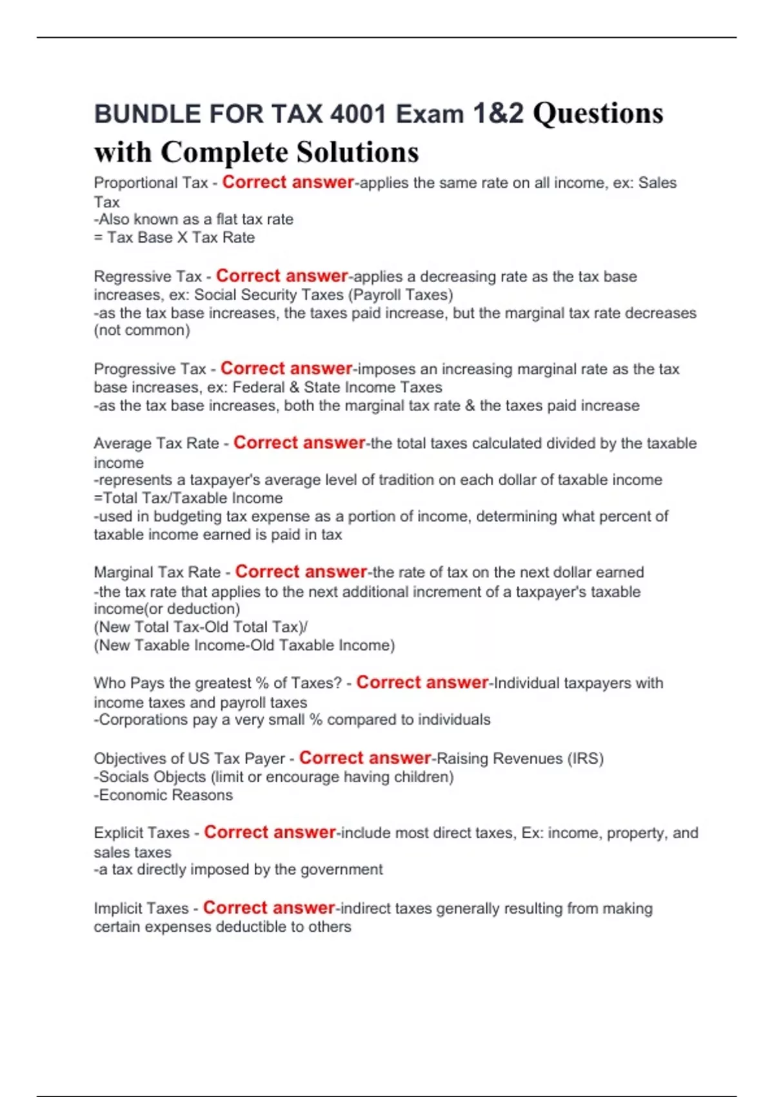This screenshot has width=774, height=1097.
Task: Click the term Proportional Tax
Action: [x=150, y=183]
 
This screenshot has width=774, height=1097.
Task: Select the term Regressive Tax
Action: [x=148, y=277]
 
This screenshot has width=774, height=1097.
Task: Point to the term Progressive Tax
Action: [x=150, y=369]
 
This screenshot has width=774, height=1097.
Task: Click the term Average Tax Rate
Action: [x=156, y=444]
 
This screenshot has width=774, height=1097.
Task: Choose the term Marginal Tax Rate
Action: [x=157, y=572]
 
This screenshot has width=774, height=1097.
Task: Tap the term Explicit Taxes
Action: [x=141, y=833]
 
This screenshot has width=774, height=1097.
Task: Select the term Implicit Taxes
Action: [x=141, y=909]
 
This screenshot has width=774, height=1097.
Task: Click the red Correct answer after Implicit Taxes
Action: [x=269, y=908]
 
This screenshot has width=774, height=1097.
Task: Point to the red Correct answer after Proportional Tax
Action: [x=288, y=183]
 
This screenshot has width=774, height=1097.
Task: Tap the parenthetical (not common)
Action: [x=142, y=330]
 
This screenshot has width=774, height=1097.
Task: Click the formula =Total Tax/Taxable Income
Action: [x=188, y=498]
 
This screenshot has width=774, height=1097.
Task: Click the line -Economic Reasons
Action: [x=163, y=795]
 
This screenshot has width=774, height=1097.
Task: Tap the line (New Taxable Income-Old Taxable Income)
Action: [x=244, y=645]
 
